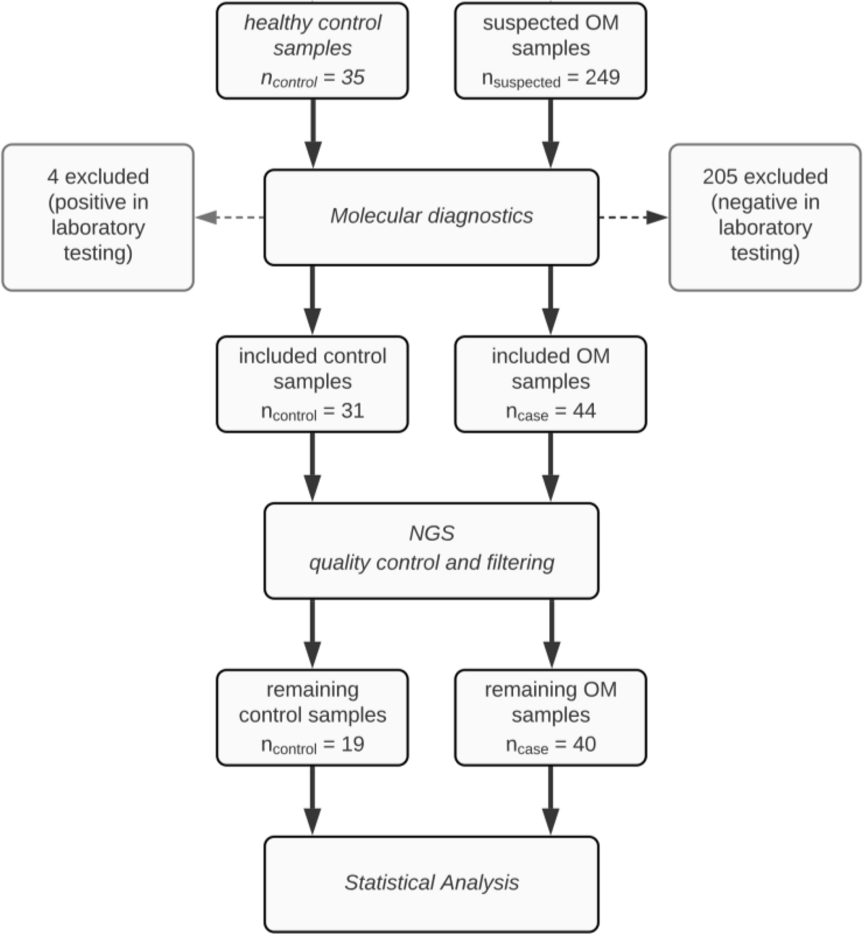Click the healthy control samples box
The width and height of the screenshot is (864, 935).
tap(312, 51)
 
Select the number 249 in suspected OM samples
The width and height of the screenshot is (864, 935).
tap(602, 77)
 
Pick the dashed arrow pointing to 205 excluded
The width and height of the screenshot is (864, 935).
tap(633, 217)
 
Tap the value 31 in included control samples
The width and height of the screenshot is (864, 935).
tap(351, 411)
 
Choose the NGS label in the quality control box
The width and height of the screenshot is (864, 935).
tap(431, 533)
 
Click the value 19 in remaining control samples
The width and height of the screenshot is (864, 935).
tap(351, 744)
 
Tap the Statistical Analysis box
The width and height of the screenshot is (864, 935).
tap(431, 883)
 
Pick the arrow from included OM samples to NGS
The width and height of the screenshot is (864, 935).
tap(550, 467)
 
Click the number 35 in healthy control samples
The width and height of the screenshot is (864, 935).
tap(352, 77)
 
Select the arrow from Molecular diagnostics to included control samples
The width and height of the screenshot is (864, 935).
tap(312, 300)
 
